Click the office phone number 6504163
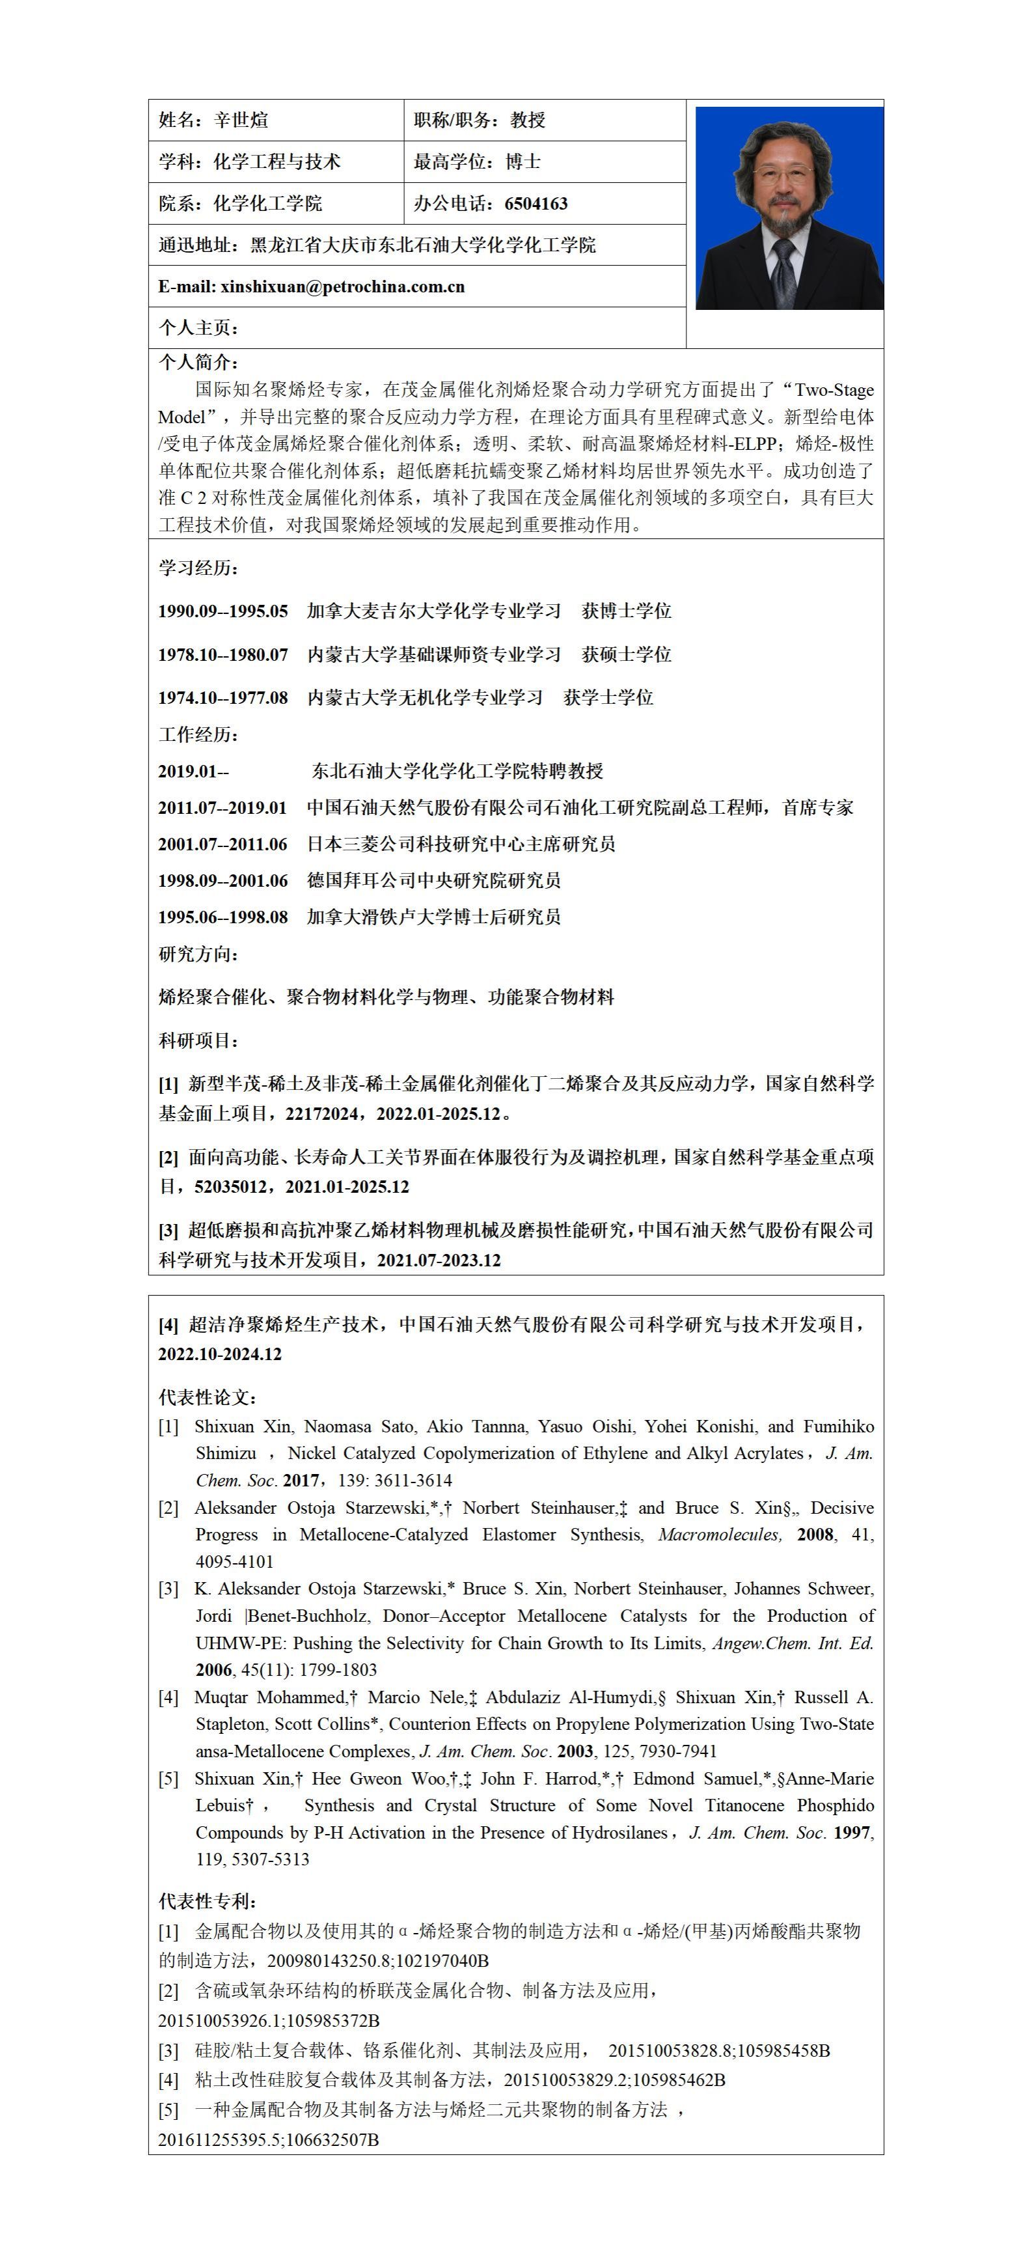tap(536, 204)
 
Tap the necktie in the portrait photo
tap(783, 272)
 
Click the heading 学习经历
tap(198, 568)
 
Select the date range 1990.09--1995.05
tap(223, 611)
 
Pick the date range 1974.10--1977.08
tap(223, 697)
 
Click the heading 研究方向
tap(198, 954)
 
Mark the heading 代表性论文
tap(208, 1397)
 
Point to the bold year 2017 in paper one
tap(301, 1481)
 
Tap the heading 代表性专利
tap(208, 1901)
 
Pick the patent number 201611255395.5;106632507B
tap(269, 2140)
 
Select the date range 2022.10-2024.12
tap(221, 1354)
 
